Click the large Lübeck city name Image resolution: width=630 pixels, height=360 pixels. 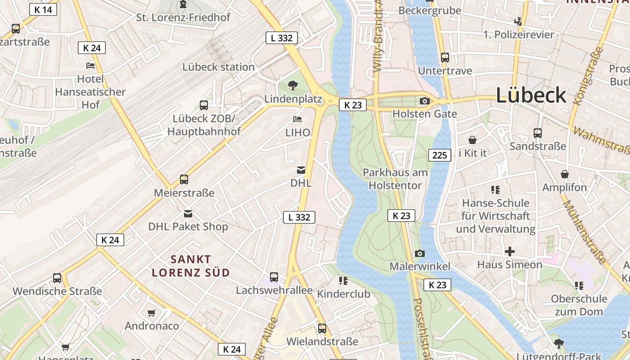(x=531, y=95)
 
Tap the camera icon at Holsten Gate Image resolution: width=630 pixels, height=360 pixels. (x=424, y=101)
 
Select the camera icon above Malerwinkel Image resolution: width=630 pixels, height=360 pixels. (x=419, y=253)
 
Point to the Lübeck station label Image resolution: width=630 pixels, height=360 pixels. (x=218, y=67)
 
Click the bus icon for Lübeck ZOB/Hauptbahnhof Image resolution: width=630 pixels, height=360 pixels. (x=204, y=105)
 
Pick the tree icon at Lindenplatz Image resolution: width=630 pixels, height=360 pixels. (x=293, y=85)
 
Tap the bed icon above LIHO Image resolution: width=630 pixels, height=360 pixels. (x=297, y=119)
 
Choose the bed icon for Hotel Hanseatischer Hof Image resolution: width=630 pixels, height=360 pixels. (x=90, y=65)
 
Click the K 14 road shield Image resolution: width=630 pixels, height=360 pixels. (x=43, y=9)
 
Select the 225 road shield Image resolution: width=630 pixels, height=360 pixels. (x=440, y=155)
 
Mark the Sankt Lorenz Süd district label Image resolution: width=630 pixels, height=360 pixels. (x=191, y=265)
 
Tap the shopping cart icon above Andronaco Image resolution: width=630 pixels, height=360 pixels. (x=152, y=312)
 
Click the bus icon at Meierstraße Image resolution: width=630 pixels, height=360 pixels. (x=184, y=180)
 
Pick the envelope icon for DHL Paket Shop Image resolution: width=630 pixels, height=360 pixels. (x=188, y=213)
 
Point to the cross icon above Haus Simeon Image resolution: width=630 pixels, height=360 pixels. (x=509, y=251)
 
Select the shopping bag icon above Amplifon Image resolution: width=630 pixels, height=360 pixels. (x=565, y=174)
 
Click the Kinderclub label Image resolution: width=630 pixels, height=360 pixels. (x=343, y=294)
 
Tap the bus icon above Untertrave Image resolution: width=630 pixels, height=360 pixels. (x=445, y=58)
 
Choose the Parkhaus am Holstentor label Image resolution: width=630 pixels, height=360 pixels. (x=395, y=179)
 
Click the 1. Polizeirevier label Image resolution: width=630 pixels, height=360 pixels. (x=519, y=35)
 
